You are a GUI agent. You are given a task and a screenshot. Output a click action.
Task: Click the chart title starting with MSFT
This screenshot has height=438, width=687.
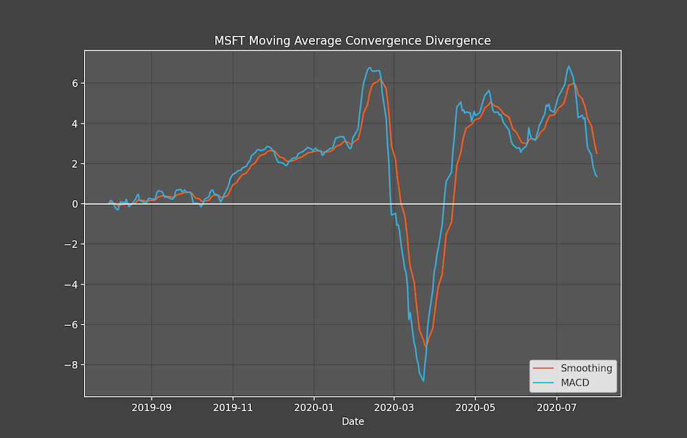(352, 41)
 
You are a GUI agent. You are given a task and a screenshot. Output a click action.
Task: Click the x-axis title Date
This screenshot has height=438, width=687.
(353, 421)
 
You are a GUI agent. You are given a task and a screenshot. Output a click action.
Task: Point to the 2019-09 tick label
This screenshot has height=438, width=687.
(151, 408)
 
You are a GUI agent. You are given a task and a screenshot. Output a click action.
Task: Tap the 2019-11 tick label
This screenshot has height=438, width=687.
(232, 408)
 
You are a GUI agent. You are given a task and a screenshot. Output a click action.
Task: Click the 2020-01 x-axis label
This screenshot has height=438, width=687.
(314, 408)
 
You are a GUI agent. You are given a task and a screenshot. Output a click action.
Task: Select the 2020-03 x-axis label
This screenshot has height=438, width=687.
(394, 408)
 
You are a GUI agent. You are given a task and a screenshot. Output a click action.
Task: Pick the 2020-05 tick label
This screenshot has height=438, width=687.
(475, 408)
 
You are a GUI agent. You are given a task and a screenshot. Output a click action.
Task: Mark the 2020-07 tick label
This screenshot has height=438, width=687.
(557, 408)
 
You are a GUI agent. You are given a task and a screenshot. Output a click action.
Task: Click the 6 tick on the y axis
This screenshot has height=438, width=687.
(76, 83)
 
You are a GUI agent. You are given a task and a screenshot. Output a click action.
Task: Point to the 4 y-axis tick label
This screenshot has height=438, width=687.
(76, 124)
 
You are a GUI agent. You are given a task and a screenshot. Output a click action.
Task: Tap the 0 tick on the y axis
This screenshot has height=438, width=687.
(76, 204)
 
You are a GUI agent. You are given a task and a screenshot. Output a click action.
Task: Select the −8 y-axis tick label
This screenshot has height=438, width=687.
(71, 365)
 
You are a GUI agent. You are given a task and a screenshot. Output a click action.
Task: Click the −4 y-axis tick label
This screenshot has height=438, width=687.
(71, 284)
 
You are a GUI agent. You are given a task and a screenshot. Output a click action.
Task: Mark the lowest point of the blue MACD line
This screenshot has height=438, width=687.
(423, 381)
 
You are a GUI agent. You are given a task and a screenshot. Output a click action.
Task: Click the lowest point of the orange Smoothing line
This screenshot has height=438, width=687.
(425, 347)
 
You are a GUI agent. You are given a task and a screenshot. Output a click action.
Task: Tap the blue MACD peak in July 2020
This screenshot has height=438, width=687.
(569, 67)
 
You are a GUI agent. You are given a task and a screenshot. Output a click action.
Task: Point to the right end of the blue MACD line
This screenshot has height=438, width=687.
(597, 177)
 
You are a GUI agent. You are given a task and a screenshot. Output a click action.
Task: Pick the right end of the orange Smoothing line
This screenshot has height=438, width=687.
(597, 154)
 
